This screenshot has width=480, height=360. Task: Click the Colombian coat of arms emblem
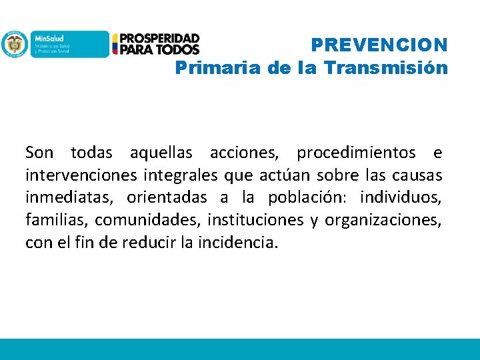tap(13, 44)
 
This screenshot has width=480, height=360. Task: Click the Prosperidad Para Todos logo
tap(156, 44)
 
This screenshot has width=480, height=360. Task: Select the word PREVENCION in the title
tap(379, 45)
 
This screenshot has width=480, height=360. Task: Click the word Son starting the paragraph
tap(39, 153)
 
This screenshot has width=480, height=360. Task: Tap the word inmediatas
tap(61, 198)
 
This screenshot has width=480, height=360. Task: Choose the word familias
tap(51, 220)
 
